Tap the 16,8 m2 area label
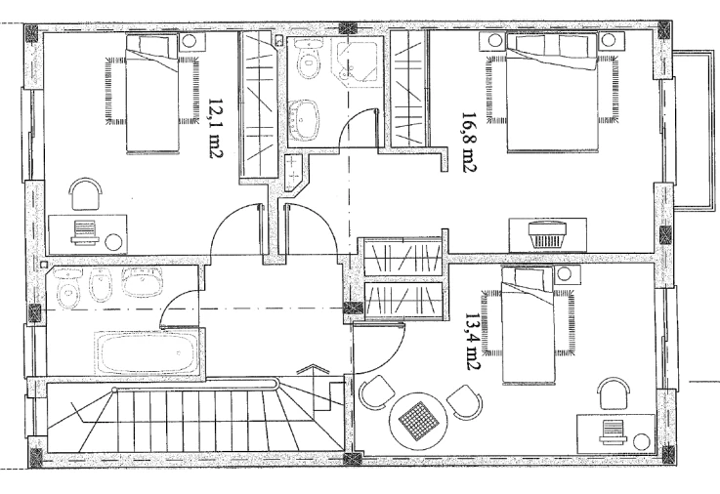pyautogui.click(x=469, y=143)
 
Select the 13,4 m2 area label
pyautogui.click(x=473, y=343)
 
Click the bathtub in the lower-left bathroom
pyautogui.click(x=147, y=353)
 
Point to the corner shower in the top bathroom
pyautogui.click(x=357, y=59)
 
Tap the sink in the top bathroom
pyautogui.click(x=305, y=118)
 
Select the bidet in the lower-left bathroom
pyautogui.click(x=100, y=285)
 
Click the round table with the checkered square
pyautogui.click(x=418, y=422)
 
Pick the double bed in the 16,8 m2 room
pyautogui.click(x=553, y=93)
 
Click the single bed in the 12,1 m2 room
pyautogui.click(x=152, y=94)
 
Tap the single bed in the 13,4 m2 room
pyautogui.click(x=528, y=326)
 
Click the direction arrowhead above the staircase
pyautogui.click(x=315, y=369)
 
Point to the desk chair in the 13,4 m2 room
pyautogui.click(x=614, y=393)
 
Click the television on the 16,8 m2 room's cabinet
pyautogui.click(x=548, y=235)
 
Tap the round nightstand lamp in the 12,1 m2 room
pyautogui.click(x=189, y=41)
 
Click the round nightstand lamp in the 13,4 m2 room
pyautogui.click(x=564, y=274)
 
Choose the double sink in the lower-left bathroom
pyautogui.click(x=142, y=282)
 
